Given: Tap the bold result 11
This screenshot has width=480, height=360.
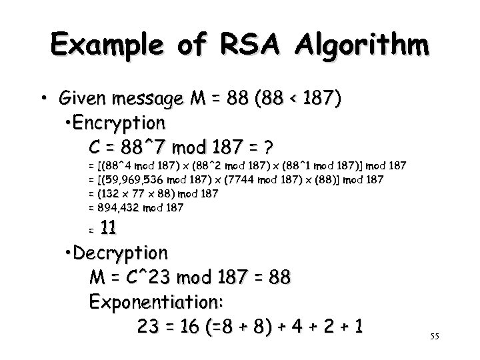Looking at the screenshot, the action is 108,229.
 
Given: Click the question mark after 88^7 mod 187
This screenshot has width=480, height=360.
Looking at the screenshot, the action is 269,146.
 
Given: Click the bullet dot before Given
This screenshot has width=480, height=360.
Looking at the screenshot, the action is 43,100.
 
